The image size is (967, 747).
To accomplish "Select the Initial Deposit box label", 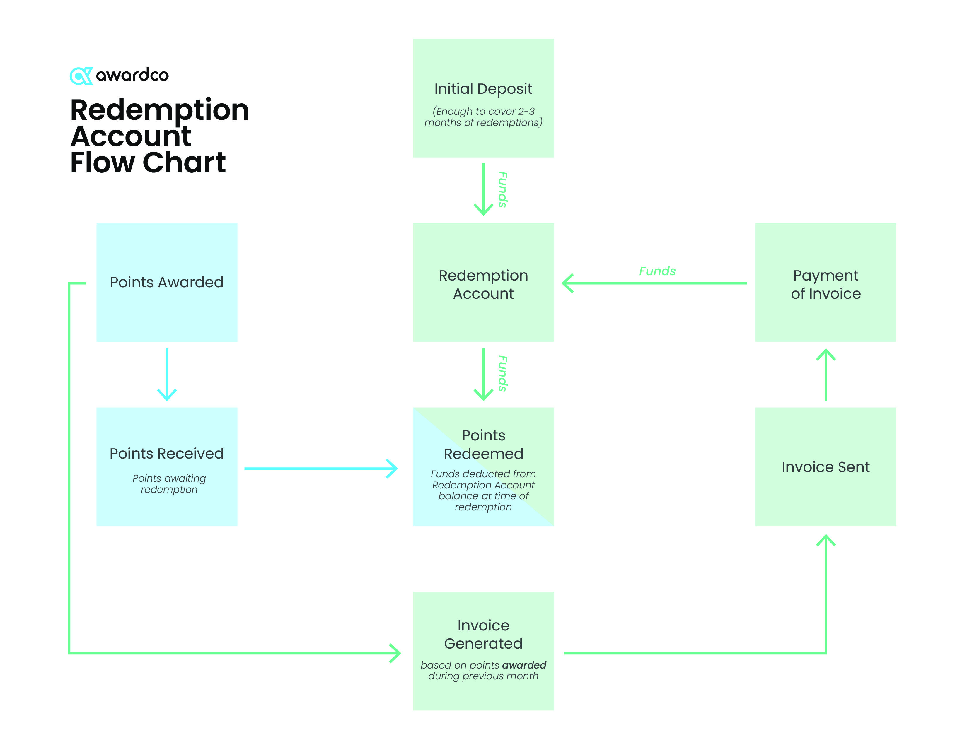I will pyautogui.click(x=483, y=89).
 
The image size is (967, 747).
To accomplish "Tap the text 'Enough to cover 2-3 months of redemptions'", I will pyautogui.click(x=483, y=117).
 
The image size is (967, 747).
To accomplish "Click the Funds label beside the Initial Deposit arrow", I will pyautogui.click(x=502, y=189).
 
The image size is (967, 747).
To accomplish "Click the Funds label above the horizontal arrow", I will pyautogui.click(x=657, y=271).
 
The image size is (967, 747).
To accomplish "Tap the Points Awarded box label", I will pyautogui.click(x=166, y=282).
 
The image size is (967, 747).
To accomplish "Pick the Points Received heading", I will pyautogui.click(x=166, y=454).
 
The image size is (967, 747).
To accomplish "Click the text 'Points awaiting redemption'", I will pyautogui.click(x=169, y=484).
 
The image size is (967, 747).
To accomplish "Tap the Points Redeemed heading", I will pyautogui.click(x=483, y=444).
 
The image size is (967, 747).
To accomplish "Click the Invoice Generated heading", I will pyautogui.click(x=483, y=634).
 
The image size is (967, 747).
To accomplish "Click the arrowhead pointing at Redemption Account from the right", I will pyautogui.click(x=567, y=283).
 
